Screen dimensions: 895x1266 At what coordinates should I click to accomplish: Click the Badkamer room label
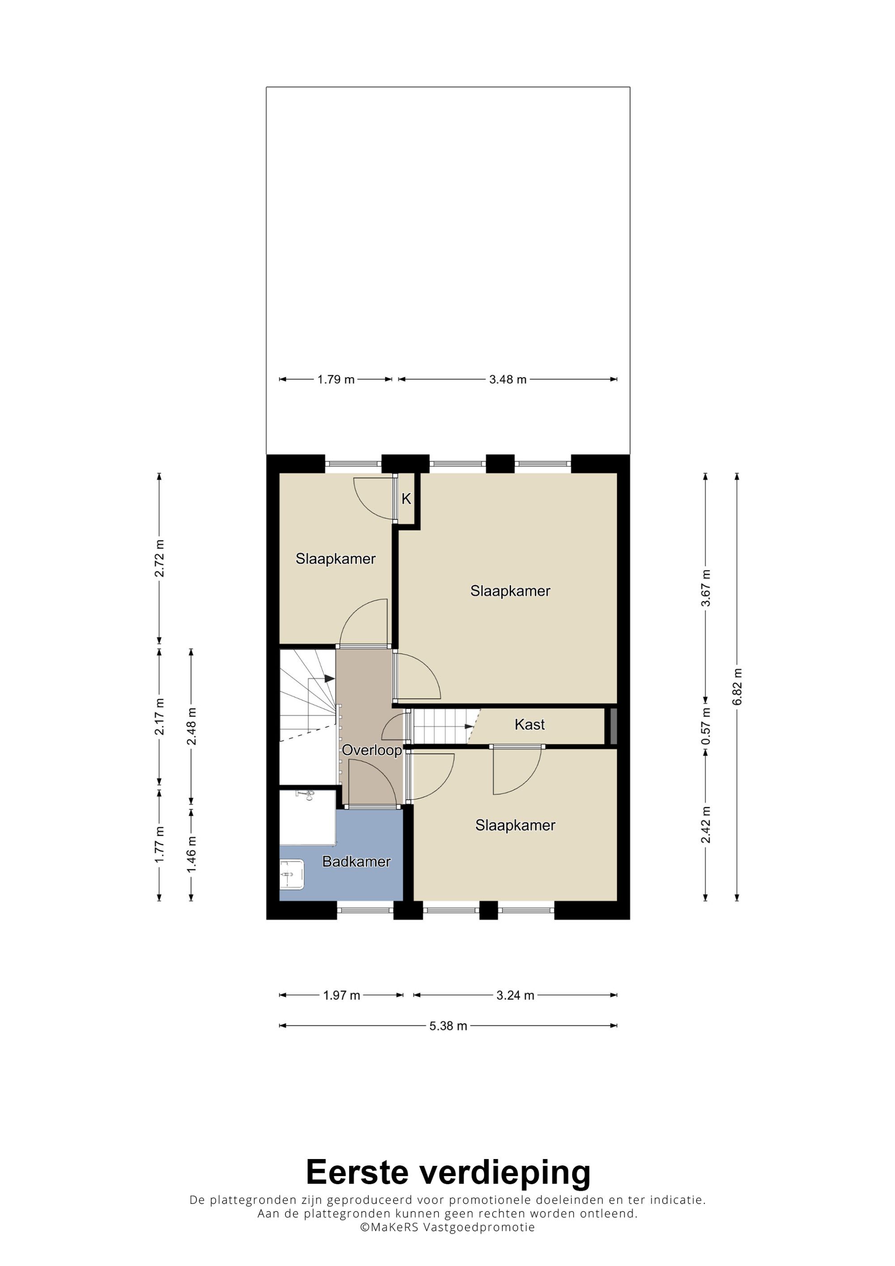coord(356,861)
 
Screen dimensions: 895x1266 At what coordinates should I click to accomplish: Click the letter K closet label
coord(406,498)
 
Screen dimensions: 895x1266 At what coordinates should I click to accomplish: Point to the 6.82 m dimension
coord(737,687)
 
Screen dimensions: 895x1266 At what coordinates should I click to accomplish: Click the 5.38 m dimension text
coord(448,1026)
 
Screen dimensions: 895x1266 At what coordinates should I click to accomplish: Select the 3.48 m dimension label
coord(508,379)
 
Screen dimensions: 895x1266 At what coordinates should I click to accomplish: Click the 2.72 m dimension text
coord(159,559)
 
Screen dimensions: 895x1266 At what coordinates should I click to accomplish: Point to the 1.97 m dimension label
coord(341,995)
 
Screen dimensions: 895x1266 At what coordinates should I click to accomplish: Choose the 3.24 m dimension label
coord(515,995)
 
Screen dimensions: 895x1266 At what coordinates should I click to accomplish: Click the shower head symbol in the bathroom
coord(305,794)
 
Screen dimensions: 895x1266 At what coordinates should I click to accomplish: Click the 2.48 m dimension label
coord(192,726)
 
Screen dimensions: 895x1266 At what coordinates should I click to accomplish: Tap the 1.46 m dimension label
coord(192,854)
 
